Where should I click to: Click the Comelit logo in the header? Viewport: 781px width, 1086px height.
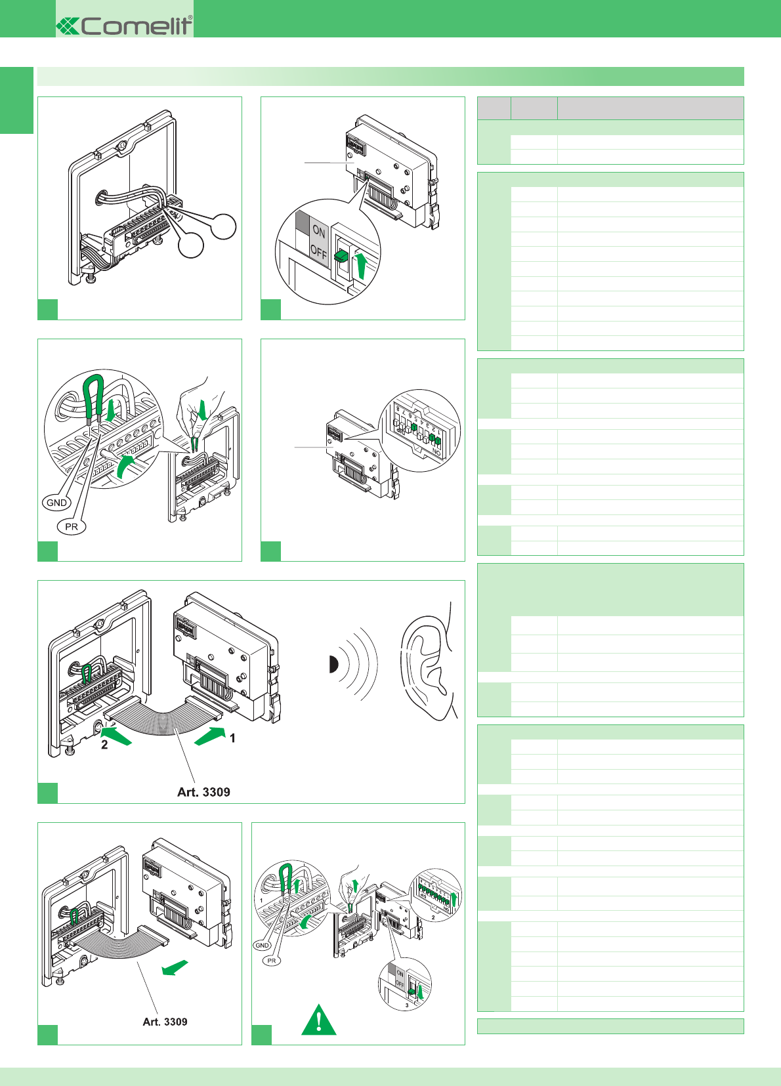pos(125,26)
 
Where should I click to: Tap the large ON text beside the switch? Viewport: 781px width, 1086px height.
pos(319,231)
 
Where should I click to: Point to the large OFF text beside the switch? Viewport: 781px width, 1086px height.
pos(318,251)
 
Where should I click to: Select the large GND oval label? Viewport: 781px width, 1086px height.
pos(56,503)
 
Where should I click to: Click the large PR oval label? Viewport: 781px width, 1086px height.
pos(72,526)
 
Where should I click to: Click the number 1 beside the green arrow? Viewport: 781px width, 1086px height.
pos(232,738)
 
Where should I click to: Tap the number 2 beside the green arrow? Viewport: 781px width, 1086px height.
pos(104,745)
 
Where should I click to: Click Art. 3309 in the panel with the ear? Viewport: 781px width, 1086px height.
pos(203,792)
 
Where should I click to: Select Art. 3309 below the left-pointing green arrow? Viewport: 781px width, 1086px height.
pos(165,1022)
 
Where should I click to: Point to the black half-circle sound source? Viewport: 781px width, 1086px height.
pos(333,665)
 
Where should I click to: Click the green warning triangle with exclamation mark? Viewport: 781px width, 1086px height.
pos(319,1020)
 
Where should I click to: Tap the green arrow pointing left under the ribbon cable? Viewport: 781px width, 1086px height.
pos(175,968)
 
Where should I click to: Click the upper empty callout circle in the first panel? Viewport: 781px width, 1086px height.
pos(223,226)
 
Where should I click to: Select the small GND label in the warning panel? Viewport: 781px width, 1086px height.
pos(262,946)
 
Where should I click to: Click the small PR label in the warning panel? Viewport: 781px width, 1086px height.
pos(271,961)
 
